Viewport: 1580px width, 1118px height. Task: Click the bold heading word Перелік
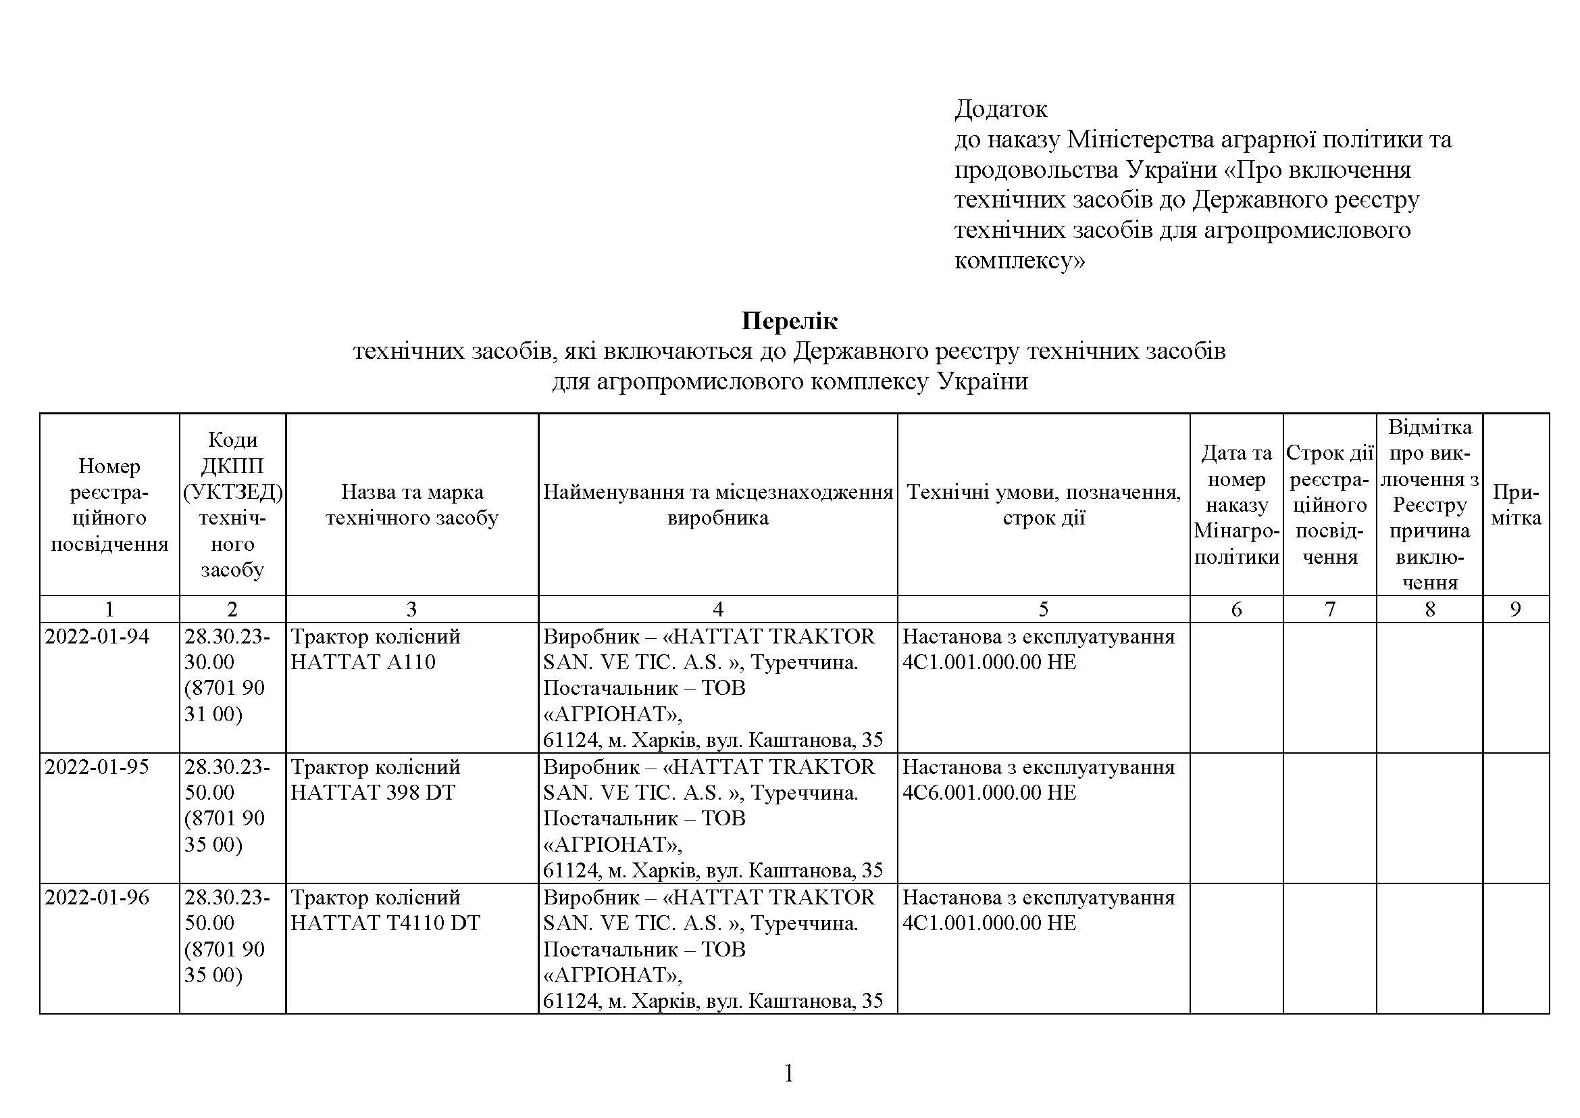[x=789, y=321]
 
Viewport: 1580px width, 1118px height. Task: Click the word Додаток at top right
[x=1000, y=109]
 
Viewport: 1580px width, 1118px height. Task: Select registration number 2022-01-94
[x=97, y=636]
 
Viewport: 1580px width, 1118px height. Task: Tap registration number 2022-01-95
[x=97, y=767]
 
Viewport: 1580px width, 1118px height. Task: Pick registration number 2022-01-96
[x=97, y=897]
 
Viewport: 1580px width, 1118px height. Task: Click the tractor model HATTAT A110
[x=363, y=662]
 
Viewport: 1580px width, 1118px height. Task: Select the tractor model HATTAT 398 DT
[x=372, y=792]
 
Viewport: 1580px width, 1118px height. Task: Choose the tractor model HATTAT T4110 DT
[x=384, y=923]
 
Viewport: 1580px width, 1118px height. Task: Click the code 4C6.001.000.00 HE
[x=989, y=792]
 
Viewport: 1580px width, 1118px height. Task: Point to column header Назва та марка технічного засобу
[x=411, y=505]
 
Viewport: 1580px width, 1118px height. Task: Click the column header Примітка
[x=1516, y=505]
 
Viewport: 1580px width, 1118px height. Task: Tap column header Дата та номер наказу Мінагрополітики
[x=1237, y=505]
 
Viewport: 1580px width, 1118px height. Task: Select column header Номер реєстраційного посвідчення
[x=109, y=505]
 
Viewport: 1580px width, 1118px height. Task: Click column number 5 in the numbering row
[x=1043, y=609]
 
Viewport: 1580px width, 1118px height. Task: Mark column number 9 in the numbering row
[x=1515, y=609]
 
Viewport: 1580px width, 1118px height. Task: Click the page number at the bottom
[x=789, y=1073]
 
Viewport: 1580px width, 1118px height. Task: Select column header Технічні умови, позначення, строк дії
[x=1043, y=505]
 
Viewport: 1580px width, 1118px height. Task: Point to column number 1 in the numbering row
[x=109, y=609]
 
